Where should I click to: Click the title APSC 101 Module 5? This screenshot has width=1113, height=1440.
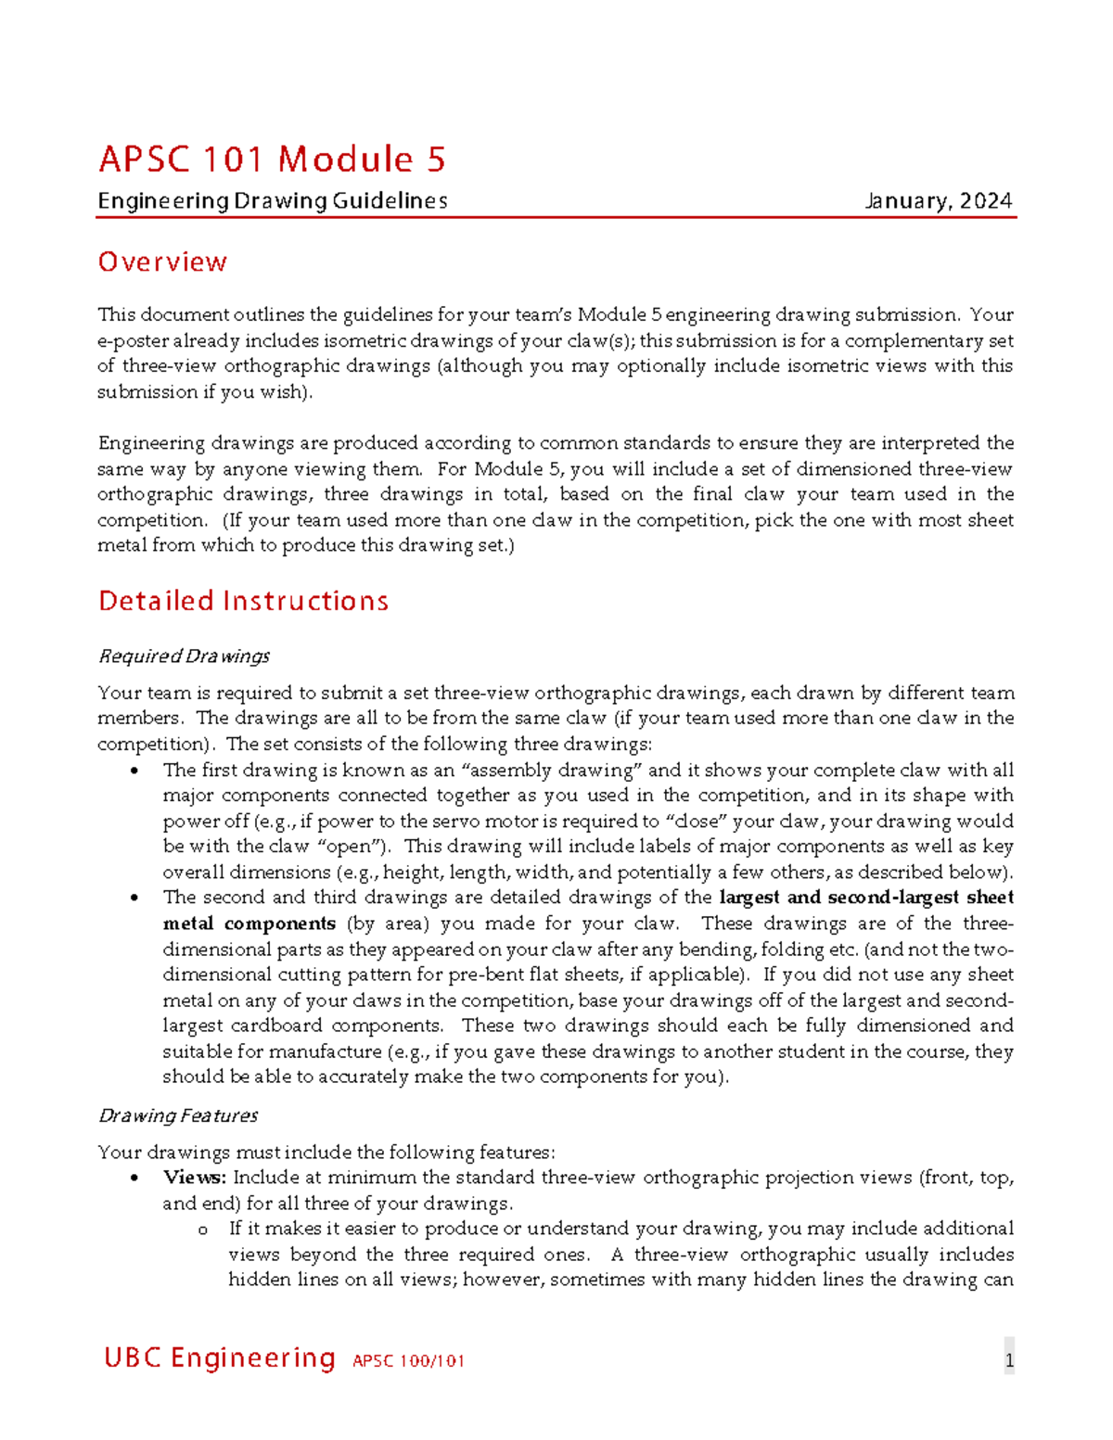[x=272, y=159]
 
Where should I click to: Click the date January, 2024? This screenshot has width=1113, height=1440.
[x=938, y=201]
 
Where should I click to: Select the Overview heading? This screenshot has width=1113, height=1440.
[x=162, y=262]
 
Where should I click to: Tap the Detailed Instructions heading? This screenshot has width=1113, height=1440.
[x=243, y=601]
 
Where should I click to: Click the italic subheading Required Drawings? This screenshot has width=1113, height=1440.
[x=184, y=656]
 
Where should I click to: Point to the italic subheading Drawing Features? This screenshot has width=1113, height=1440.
[x=178, y=1115]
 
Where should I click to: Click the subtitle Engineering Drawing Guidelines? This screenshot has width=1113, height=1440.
[x=273, y=201]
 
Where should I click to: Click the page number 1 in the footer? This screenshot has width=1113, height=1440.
[x=1009, y=1361]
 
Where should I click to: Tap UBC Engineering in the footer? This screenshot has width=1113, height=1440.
[x=220, y=1358]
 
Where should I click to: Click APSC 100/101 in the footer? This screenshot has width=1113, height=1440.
[x=408, y=1361]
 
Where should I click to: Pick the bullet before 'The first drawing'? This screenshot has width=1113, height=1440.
[x=135, y=771]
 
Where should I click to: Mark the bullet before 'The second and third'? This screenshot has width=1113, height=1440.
[x=135, y=898]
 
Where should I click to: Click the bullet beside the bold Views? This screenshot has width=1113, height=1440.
[x=135, y=1178]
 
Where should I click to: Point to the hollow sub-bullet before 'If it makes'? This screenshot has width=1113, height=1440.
[x=202, y=1230]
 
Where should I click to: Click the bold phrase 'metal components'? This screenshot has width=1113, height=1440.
[x=249, y=924]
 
